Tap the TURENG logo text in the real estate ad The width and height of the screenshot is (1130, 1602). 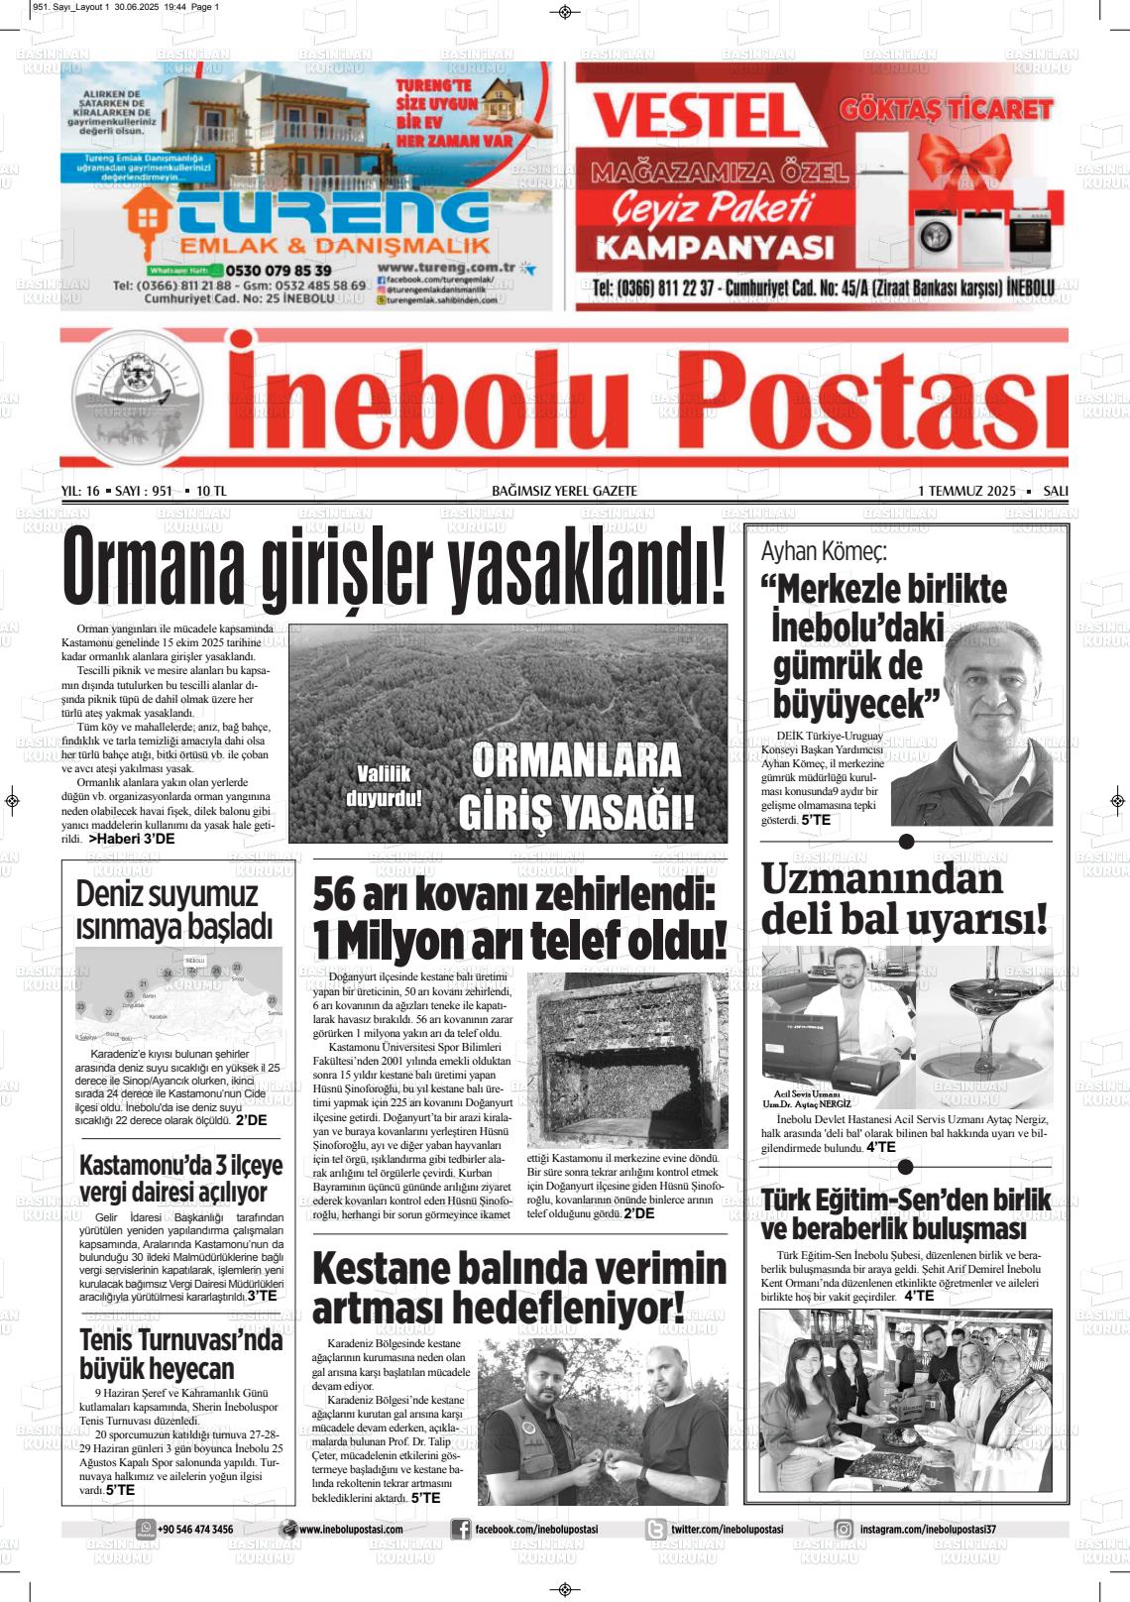pos(327,211)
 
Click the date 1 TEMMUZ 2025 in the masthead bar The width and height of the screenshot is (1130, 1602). pos(966,491)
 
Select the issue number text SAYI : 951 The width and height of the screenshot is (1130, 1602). pos(144,491)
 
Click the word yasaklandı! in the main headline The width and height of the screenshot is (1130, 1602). pos(587,574)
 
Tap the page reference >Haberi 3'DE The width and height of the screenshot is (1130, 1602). pos(131,839)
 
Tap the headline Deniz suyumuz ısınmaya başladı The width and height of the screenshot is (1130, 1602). pos(173,909)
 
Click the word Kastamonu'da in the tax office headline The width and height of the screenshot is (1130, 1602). pos(150,1164)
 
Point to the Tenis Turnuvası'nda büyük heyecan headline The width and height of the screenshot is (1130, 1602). pos(180,1354)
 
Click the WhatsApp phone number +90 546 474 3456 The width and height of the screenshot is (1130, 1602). pos(195,1530)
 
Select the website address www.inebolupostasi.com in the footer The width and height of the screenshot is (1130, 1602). pos(350,1530)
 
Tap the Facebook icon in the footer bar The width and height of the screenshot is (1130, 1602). pos(460,1530)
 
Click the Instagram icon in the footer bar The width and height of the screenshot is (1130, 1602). pos(844,1530)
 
